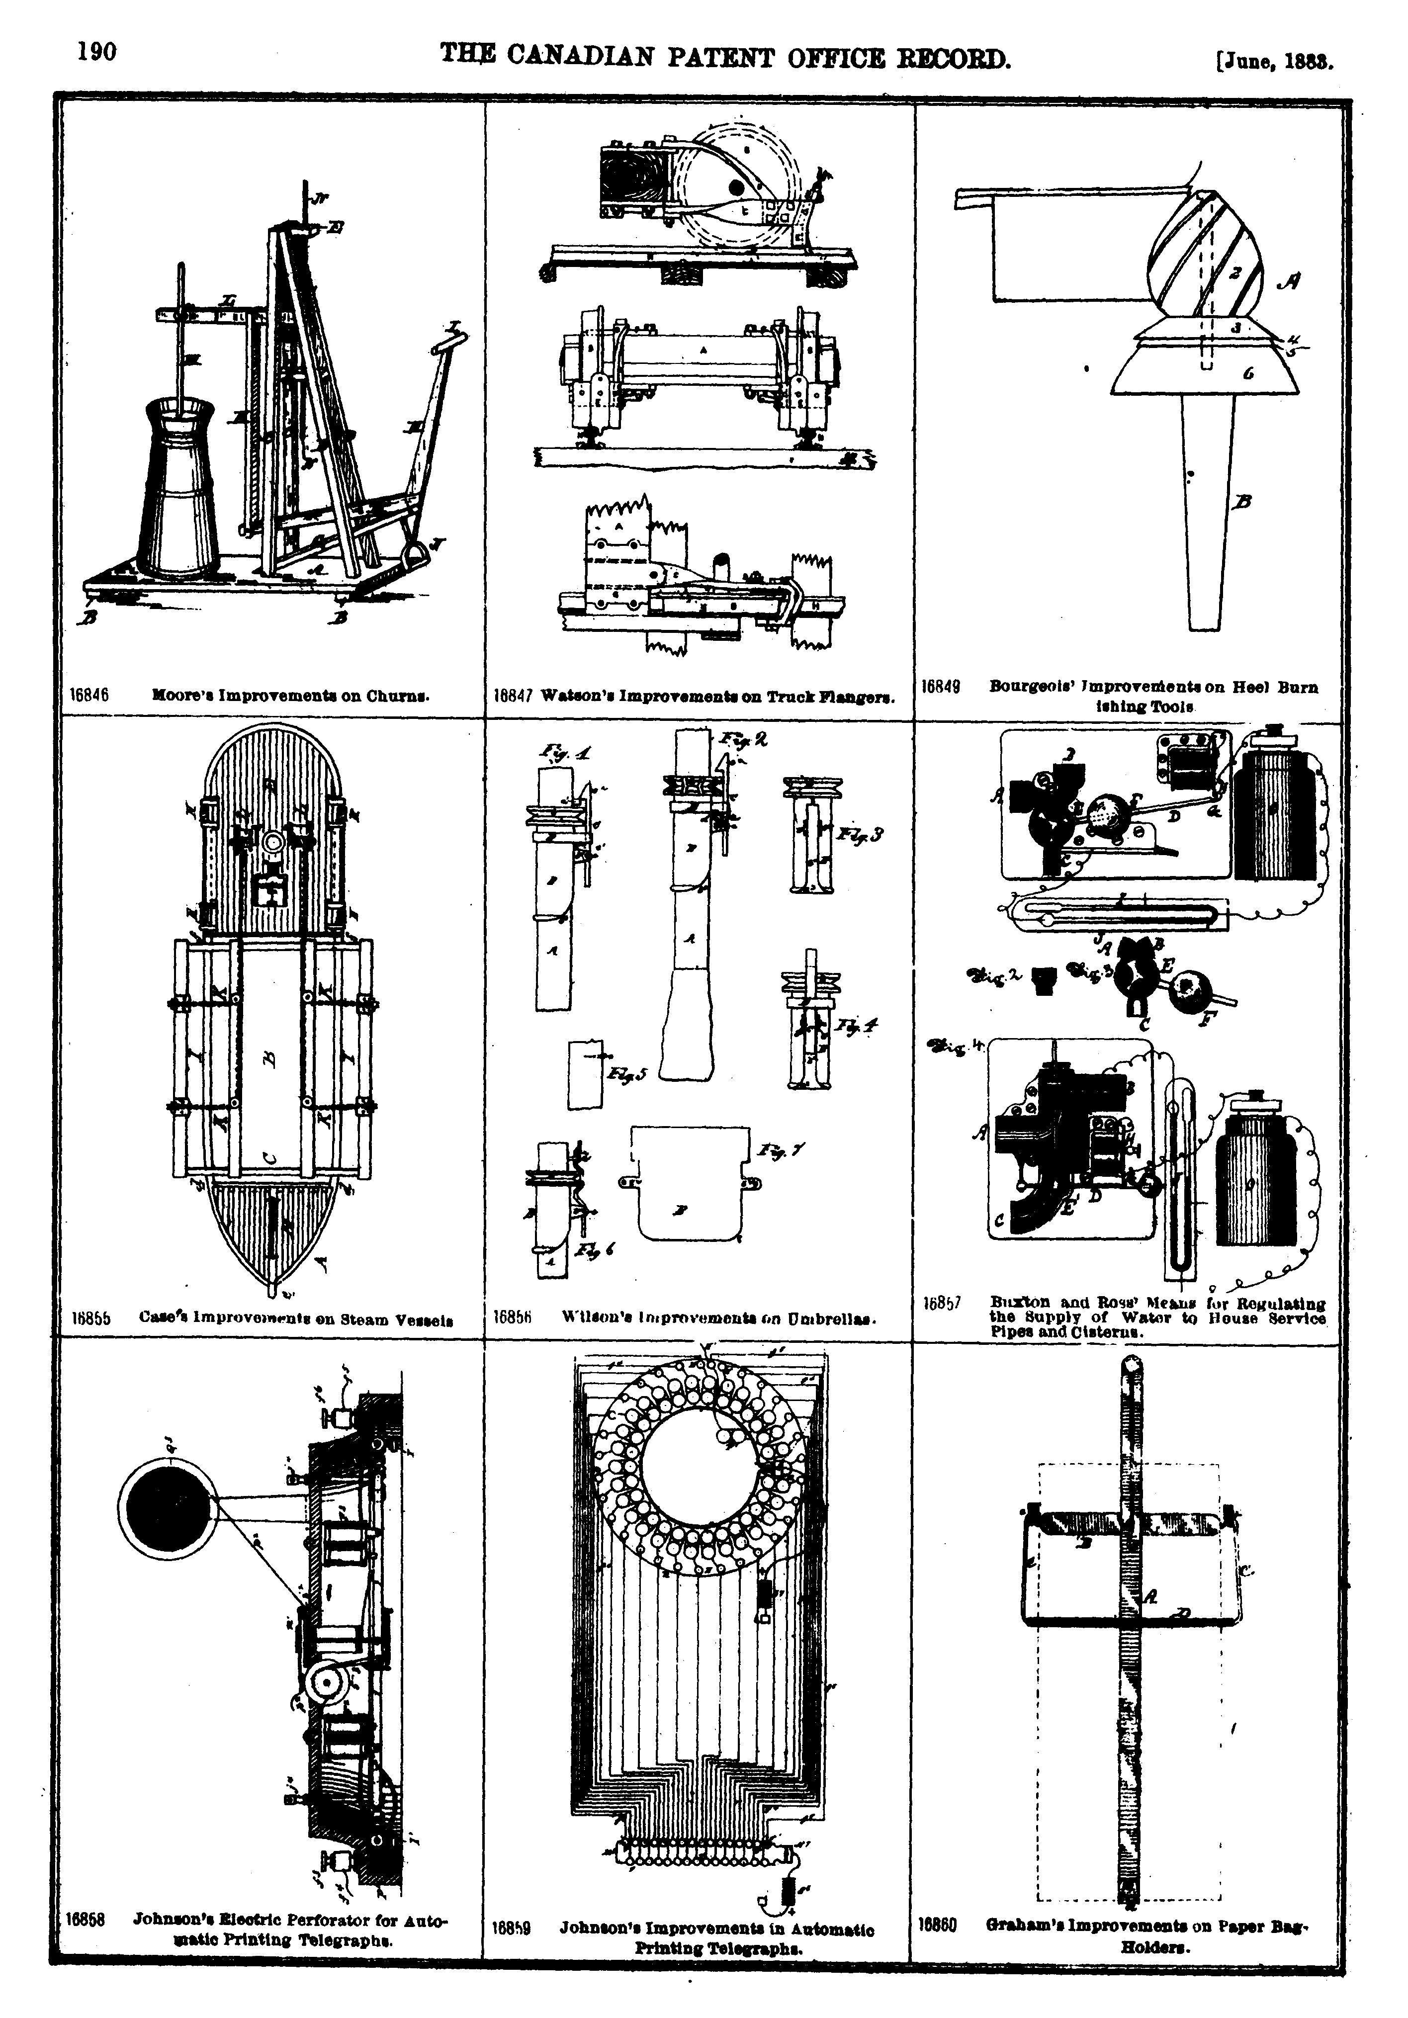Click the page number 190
click(x=96, y=52)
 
